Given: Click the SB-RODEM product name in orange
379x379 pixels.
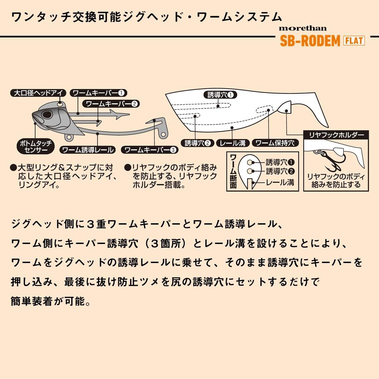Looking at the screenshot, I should [309, 41].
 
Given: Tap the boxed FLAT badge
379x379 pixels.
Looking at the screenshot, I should [354, 41].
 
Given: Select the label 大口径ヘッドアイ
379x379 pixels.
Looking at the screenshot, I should [38, 93].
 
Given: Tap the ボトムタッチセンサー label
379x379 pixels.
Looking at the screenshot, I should [36, 147].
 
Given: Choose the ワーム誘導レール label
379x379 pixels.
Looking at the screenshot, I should [88, 150].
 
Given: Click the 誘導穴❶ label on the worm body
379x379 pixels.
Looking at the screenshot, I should [220, 95].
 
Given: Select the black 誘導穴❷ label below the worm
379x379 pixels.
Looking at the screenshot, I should [197, 143].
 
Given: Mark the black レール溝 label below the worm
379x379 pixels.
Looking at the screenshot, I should [233, 143].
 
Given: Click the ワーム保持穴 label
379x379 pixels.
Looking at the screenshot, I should [275, 143].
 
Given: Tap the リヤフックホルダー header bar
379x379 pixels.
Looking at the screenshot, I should [336, 135].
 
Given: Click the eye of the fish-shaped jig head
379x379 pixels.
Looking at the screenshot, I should [47, 115].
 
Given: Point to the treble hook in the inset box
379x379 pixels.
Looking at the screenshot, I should [326, 162].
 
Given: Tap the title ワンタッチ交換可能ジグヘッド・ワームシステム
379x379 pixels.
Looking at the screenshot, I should [146, 17].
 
